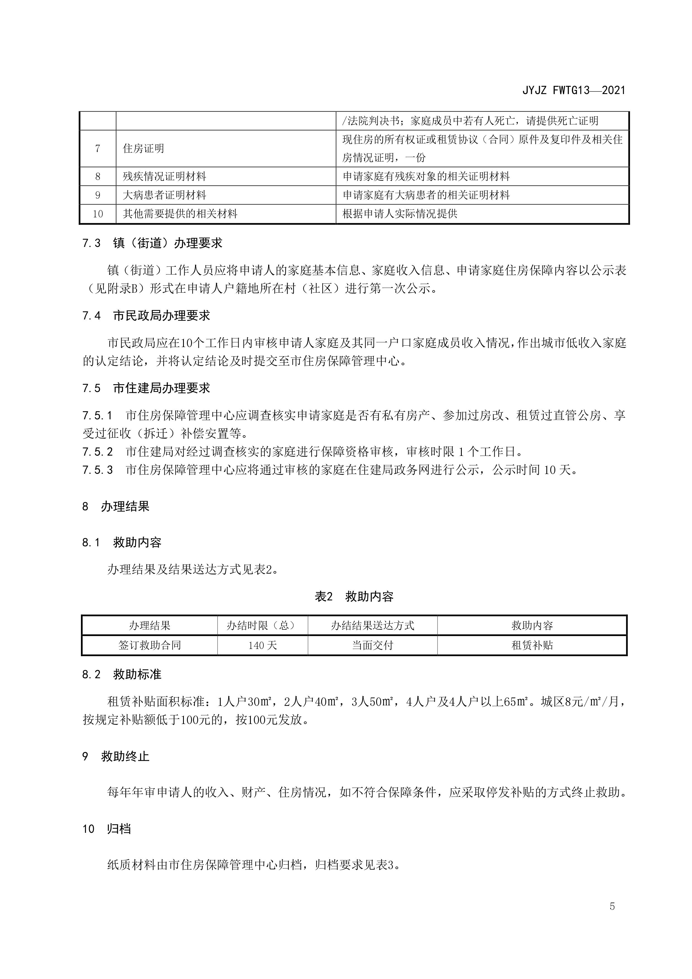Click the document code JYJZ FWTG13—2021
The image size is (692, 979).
tap(573, 90)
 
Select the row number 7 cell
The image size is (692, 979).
tap(98, 148)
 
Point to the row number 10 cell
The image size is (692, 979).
tap(98, 214)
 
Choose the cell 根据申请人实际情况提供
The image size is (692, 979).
tap(400, 214)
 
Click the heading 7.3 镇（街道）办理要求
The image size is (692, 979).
tap(152, 243)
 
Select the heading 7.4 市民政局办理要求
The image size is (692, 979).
tap(146, 316)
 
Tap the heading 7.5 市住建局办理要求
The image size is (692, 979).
tap(146, 388)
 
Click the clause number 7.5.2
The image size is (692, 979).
tap(98, 451)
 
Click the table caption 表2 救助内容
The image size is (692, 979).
tap(354, 596)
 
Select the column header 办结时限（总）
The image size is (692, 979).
tap(262, 626)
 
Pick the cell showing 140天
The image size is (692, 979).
tap(262, 645)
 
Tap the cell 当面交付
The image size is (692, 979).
tap(372, 645)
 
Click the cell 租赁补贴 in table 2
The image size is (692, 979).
tap(532, 645)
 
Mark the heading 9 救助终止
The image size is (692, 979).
tap(116, 756)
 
